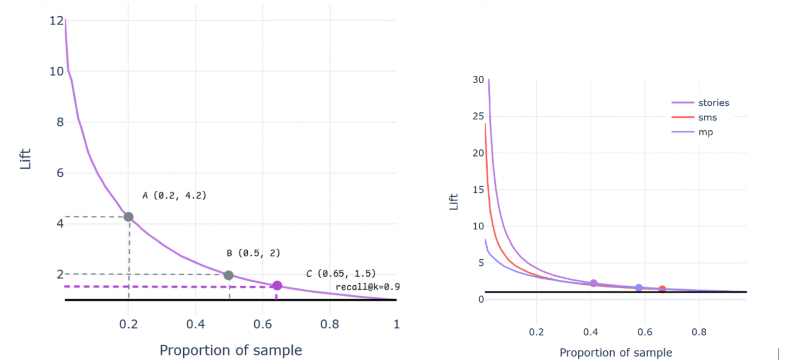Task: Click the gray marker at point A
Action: (x=128, y=217)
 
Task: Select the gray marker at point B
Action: (x=228, y=275)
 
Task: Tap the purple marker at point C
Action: (x=277, y=286)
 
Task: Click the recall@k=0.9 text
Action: (x=368, y=287)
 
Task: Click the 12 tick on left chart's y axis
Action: (x=56, y=21)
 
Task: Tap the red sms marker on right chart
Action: (x=662, y=289)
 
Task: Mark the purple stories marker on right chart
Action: (x=593, y=283)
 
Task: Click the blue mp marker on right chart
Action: (x=639, y=288)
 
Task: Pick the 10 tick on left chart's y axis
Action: (x=56, y=72)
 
